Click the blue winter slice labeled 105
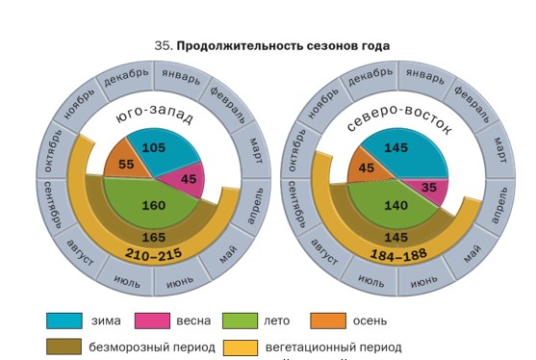[x=161, y=149]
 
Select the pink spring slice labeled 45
[x=187, y=179]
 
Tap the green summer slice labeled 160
[x=152, y=204]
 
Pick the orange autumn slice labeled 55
[x=125, y=164]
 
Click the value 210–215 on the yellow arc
[x=153, y=254]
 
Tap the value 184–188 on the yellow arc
[x=398, y=254]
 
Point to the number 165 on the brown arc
[x=154, y=237]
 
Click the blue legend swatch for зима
[x=64, y=321]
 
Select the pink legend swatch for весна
[x=152, y=321]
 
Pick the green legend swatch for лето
[x=240, y=321]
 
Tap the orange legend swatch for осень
[x=328, y=321]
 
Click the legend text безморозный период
[x=152, y=347]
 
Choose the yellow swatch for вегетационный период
[x=241, y=347]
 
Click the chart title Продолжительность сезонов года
[x=283, y=45]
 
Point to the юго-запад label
[x=155, y=115]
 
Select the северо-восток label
[x=399, y=118]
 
